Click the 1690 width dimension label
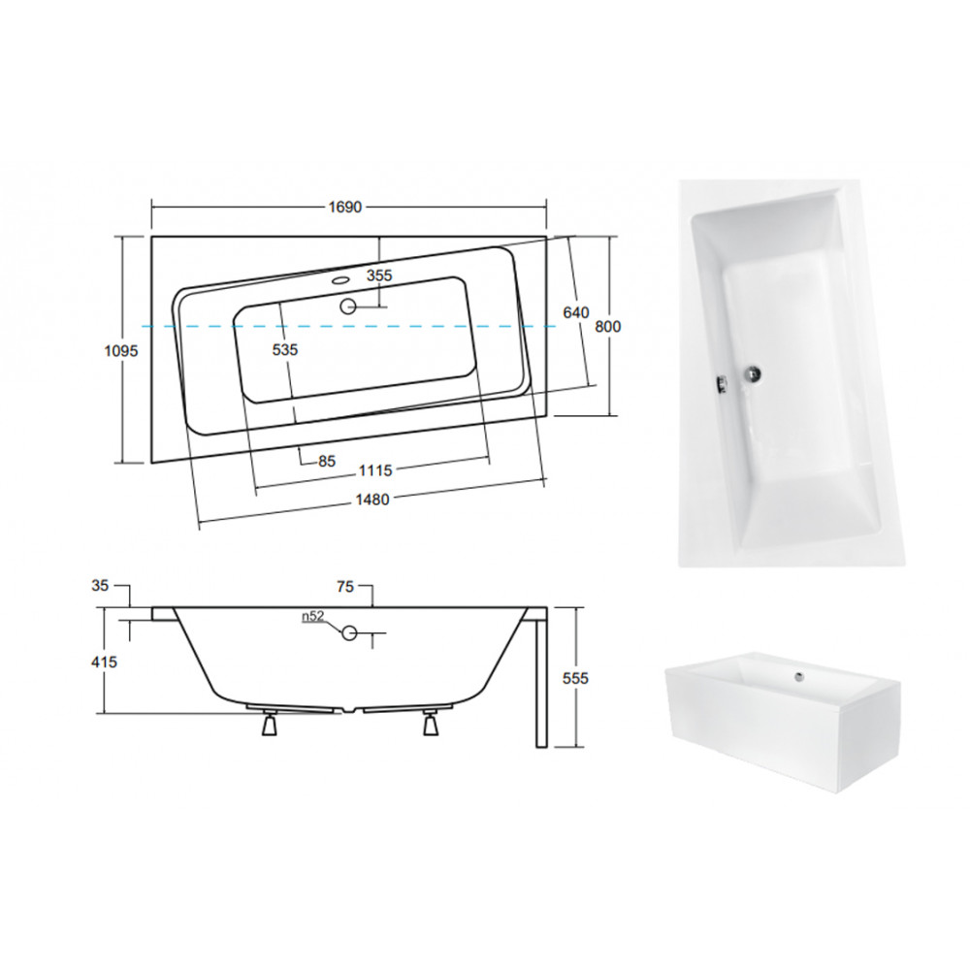(344, 208)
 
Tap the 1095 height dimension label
(120, 351)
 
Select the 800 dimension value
(608, 326)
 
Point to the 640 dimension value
(576, 313)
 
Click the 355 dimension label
(379, 275)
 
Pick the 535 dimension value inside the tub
(285, 349)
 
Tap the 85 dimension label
(327, 461)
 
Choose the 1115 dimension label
(375, 470)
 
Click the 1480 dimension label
(372, 500)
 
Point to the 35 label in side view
(100, 585)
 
